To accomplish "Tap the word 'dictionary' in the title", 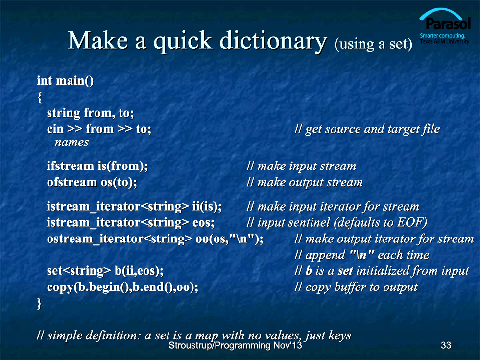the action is click(x=273, y=41).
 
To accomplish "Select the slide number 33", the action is click(x=446, y=345).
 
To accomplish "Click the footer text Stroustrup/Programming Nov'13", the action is click(x=235, y=346).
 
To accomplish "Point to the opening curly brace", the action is click(x=40, y=97).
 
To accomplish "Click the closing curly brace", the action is click(x=39, y=303).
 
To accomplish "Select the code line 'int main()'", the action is click(x=65, y=80).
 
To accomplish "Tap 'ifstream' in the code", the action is click(x=71, y=166).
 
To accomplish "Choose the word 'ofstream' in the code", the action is click(x=72, y=182).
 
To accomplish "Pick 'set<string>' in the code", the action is click(x=79, y=271).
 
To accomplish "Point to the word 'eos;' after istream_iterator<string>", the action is click(x=203, y=223).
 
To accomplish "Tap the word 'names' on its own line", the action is click(x=72, y=143).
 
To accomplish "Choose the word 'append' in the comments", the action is click(x=325, y=255).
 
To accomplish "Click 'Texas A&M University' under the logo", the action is click(x=445, y=41).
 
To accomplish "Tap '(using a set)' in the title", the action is click(x=373, y=44).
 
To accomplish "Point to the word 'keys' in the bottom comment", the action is click(x=340, y=336).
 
